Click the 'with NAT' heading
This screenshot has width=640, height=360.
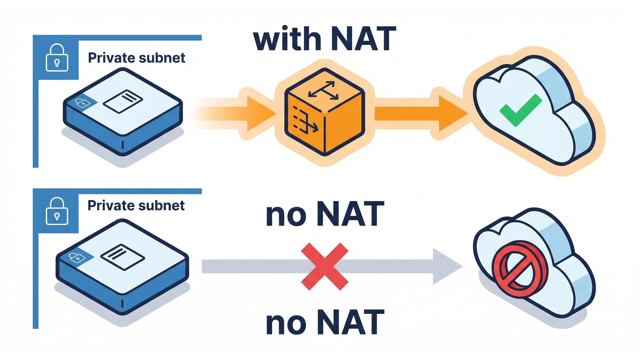(325, 39)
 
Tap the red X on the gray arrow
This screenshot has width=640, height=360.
(324, 266)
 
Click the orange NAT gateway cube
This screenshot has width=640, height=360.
(324, 112)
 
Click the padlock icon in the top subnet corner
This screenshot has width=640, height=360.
(57, 58)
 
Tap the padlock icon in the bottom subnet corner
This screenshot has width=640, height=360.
(57, 211)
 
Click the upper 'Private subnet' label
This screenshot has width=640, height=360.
(136, 58)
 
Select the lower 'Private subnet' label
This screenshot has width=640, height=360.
(136, 206)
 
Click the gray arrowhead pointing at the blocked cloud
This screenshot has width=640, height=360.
(447, 266)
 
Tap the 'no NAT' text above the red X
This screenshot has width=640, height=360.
(325, 214)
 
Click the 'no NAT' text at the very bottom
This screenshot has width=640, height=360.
(325, 322)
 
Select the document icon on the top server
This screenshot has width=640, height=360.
(123, 101)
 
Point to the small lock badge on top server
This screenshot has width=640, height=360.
(82, 103)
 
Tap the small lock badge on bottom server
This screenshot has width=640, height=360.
(76, 257)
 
